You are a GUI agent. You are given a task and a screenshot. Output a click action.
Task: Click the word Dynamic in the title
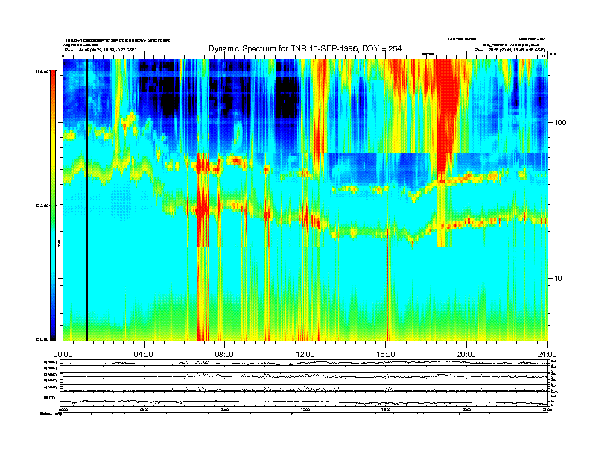click(228, 48)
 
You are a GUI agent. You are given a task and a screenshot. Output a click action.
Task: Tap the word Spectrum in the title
click(270, 48)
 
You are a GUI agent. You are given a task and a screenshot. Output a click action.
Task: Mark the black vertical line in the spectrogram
click(86, 201)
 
